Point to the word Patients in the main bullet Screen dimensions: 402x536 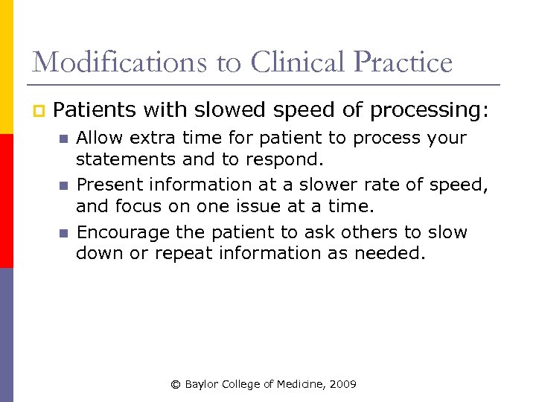[95, 111]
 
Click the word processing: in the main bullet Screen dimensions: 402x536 [430, 111]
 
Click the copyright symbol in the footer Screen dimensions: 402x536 [176, 384]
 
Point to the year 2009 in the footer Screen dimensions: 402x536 [343, 384]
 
